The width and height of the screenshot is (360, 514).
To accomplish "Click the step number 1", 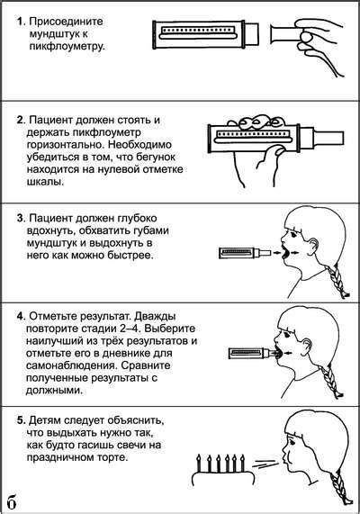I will [x=20, y=19].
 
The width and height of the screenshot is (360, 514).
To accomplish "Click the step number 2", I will [x=20, y=119].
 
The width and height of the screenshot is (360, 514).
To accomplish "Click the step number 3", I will [x=20, y=218].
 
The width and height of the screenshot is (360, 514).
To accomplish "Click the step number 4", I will [x=20, y=316].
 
